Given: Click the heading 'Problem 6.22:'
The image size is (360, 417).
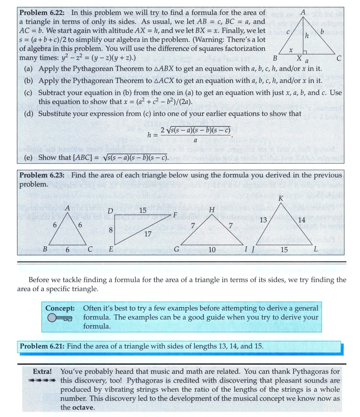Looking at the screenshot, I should tap(43, 12).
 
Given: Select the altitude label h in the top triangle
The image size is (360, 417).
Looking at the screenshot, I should tap(307, 37).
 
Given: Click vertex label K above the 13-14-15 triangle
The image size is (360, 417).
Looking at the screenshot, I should tap(280, 199).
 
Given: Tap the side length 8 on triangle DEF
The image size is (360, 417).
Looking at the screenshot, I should tap(111, 230).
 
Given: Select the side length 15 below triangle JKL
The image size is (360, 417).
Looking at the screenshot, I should tap(284, 250).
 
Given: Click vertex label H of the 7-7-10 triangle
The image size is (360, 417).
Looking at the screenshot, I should tap(212, 209).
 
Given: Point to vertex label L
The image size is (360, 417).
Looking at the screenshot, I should tap(316, 249).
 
